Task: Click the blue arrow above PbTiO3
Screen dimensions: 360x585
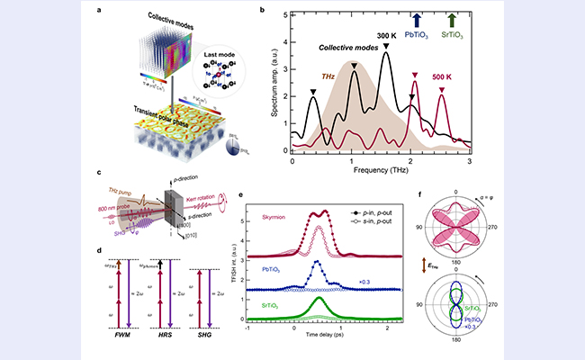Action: (x=414, y=19)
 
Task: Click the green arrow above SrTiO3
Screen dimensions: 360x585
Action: (x=452, y=19)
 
